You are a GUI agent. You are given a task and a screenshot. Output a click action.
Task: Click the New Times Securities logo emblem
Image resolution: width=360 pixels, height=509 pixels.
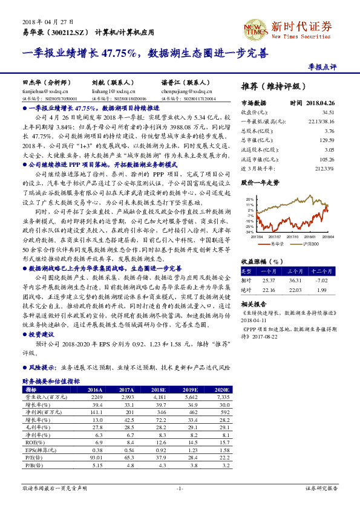pyautogui.click(x=254, y=28)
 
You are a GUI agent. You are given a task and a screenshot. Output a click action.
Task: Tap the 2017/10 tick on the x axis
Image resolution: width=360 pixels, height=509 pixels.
pyautogui.click(x=292, y=237)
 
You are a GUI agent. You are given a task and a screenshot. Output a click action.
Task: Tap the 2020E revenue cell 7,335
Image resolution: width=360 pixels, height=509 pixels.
pyautogui.click(x=221, y=397)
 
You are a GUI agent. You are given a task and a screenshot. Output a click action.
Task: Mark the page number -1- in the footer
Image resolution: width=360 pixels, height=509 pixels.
pyautogui.click(x=180, y=487)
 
